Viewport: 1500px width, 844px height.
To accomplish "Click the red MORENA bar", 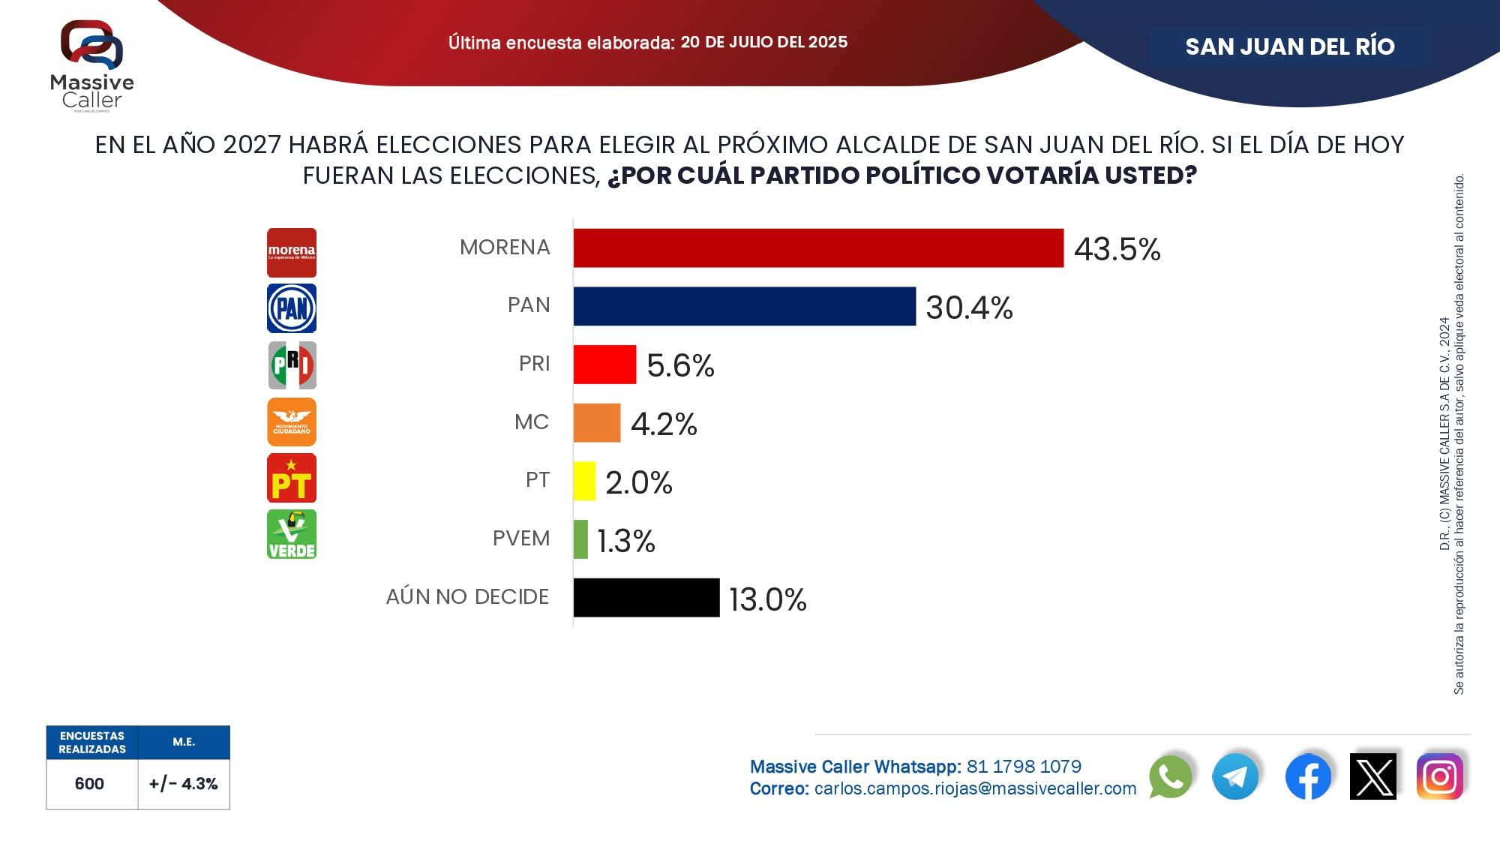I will pyautogui.click(x=818, y=248).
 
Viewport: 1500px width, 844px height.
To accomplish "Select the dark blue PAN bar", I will pyautogui.click(x=744, y=306).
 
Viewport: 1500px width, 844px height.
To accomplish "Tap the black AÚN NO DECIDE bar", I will pyautogui.click(x=646, y=597).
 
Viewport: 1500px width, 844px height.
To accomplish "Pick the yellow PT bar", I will pyautogui.click(x=584, y=481).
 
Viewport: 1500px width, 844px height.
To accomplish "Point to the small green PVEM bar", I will pyautogui.click(x=580, y=539).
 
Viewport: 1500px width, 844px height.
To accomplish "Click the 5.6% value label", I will pyautogui.click(x=680, y=365).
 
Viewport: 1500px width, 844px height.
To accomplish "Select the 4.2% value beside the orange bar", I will pyautogui.click(x=664, y=424).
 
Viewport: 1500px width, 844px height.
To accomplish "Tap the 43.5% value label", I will pyautogui.click(x=1117, y=249).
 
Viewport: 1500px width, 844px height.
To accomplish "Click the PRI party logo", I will pyautogui.click(x=292, y=365).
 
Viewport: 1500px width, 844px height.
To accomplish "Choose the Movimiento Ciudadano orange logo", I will pyautogui.click(x=292, y=422).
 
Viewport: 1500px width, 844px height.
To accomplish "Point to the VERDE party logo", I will pyautogui.click(x=292, y=534).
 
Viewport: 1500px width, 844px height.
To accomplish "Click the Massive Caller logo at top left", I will pyautogui.click(x=91, y=66).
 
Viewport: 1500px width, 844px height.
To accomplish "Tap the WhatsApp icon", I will pyautogui.click(x=1170, y=776).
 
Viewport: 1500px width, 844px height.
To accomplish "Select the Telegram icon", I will pyautogui.click(x=1235, y=776).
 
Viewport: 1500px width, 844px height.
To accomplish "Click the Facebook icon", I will pyautogui.click(x=1308, y=776).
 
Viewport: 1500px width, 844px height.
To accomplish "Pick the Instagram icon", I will pyautogui.click(x=1439, y=776).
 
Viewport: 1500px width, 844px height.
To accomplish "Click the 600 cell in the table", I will pyautogui.click(x=89, y=784).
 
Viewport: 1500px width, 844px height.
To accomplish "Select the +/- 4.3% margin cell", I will pyautogui.click(x=184, y=784).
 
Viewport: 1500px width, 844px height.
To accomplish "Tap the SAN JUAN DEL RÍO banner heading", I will pyautogui.click(x=1289, y=47).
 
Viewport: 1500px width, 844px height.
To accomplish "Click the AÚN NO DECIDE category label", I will pyautogui.click(x=467, y=597).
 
